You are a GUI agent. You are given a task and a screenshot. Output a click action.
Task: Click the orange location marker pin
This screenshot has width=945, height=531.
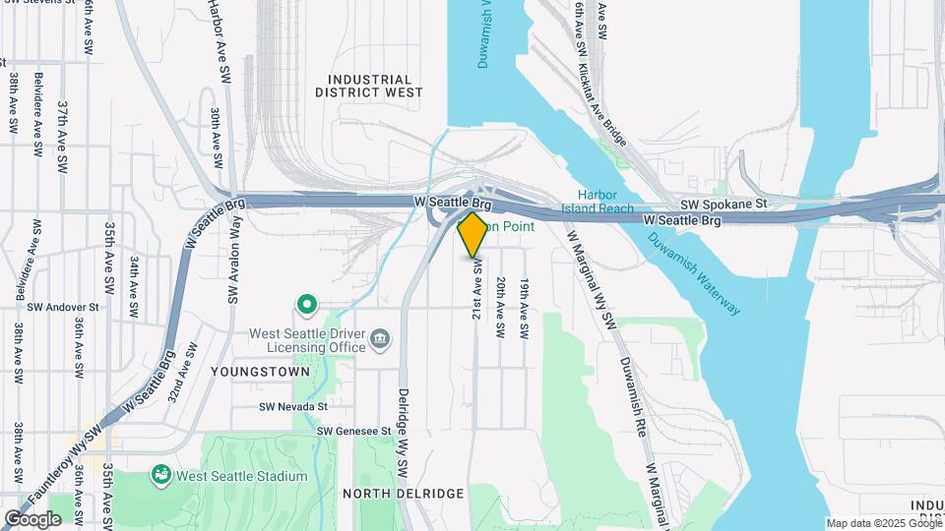tap(472, 233)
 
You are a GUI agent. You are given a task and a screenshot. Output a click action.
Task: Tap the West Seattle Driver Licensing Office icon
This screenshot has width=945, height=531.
tap(381, 341)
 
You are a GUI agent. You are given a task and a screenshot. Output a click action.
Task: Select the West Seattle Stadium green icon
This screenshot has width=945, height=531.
tap(160, 476)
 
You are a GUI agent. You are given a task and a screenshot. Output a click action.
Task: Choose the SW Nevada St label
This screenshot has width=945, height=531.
tap(292, 406)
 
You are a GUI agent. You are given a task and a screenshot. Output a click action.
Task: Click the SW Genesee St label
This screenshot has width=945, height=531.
tap(354, 431)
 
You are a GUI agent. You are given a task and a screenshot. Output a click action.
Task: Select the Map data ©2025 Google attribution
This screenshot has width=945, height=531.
tap(885, 523)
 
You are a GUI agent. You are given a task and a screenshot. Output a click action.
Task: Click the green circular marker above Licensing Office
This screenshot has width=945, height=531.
tap(307, 306)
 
